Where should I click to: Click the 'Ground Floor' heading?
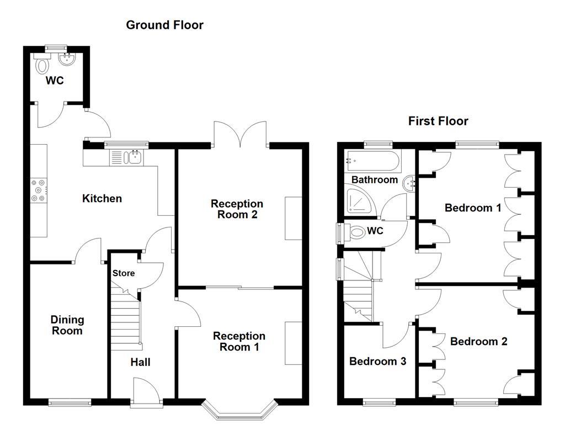(164, 25)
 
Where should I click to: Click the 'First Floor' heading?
(438, 121)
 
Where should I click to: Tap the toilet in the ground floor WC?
(42, 65)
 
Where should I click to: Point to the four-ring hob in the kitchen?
(39, 189)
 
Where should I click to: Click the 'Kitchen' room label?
(102, 198)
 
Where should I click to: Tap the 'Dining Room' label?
(67, 325)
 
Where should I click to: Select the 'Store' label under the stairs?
(124, 273)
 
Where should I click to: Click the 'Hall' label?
(140, 362)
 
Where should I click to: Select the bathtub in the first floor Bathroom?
(372, 161)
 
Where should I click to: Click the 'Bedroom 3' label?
(378, 362)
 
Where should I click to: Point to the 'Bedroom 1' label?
(473, 208)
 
